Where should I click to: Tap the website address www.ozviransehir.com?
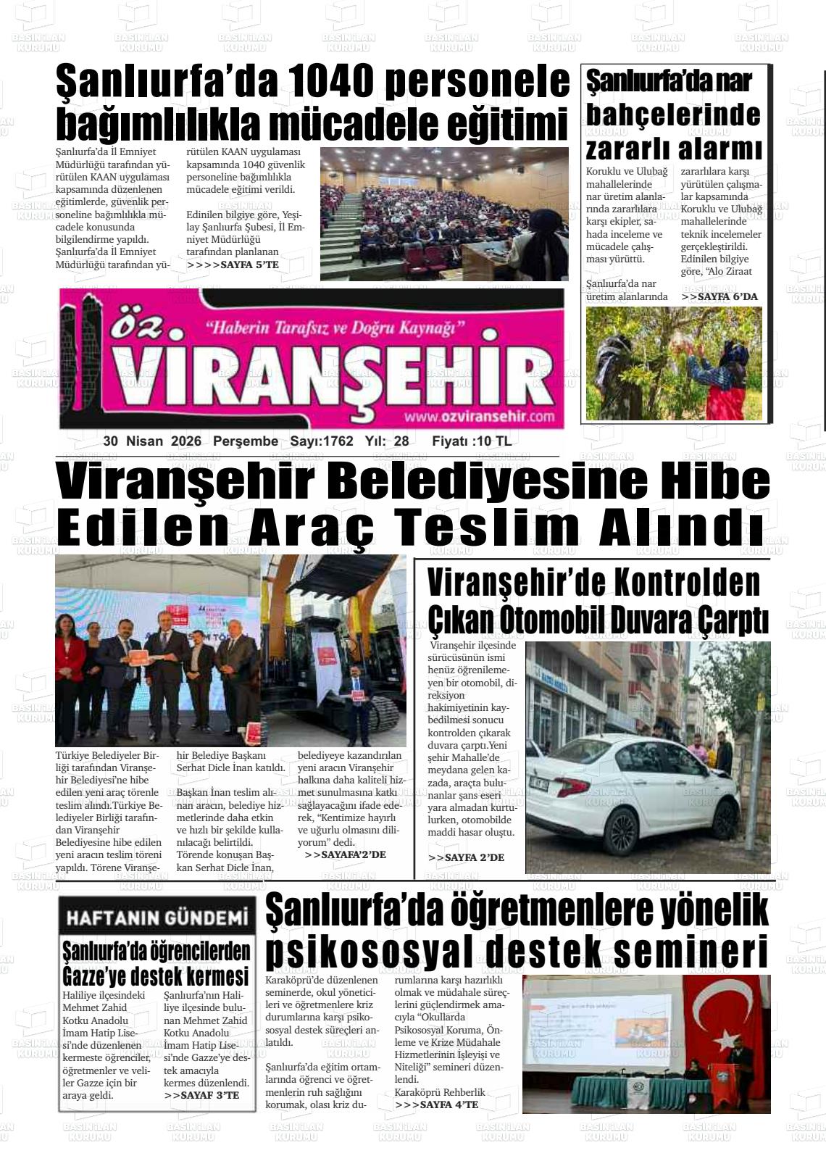(x=480, y=417)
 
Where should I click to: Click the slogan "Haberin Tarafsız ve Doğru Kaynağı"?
(x=335, y=328)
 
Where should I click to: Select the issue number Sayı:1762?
(x=322, y=441)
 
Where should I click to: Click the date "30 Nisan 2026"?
(x=155, y=441)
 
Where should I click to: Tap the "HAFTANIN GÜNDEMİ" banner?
(x=157, y=918)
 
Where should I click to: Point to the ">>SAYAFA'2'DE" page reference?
(x=346, y=855)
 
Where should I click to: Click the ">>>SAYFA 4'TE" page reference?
(x=437, y=1104)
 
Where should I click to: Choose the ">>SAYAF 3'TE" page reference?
(x=201, y=1095)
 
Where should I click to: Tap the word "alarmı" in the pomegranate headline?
(x=720, y=149)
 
